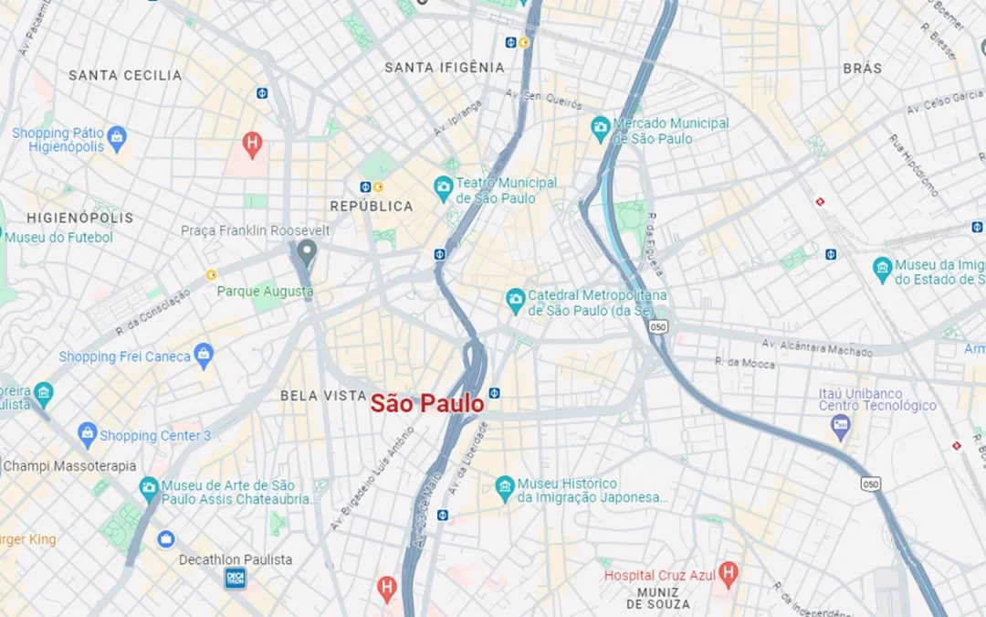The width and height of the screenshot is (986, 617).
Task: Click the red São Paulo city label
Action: pos(426,403)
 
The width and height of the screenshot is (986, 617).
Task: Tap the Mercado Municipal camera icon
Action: pos(600,125)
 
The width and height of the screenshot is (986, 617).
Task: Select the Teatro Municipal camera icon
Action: pos(443,189)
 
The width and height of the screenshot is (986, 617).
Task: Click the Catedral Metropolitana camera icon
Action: pos(516,299)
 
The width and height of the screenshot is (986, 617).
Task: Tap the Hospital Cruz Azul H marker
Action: pos(728,574)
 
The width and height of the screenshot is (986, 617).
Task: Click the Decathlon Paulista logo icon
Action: pos(236,577)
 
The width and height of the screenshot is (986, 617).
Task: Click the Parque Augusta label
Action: pos(265,292)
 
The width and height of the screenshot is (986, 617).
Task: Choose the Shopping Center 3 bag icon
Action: pos(88,434)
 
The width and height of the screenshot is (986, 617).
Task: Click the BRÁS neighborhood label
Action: pos(862,69)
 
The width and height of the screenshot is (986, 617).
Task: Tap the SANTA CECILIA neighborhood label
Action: pos(125,75)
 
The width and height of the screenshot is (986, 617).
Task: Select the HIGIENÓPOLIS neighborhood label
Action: pos(80,218)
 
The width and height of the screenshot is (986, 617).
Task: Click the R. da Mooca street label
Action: pos(745,363)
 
